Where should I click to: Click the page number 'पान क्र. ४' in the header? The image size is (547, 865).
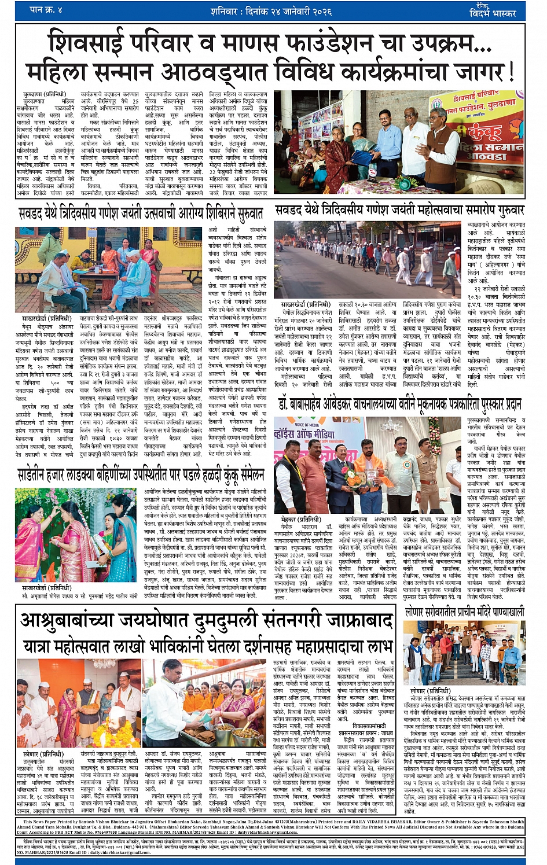coord(46,10)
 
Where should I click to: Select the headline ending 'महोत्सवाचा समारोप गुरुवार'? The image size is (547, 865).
coord(399,210)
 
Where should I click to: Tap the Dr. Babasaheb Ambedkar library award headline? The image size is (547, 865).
coord(399,404)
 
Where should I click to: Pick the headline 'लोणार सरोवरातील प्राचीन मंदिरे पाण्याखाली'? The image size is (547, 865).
coord(464,612)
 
